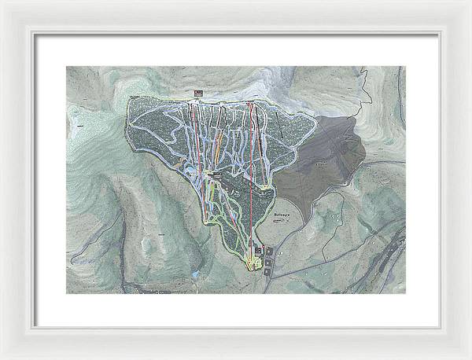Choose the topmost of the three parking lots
click(x=271, y=249)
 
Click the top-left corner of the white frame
click(x=2, y=2)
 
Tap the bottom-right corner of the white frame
click(x=469, y=357)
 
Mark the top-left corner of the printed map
click(x=66, y=66)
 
